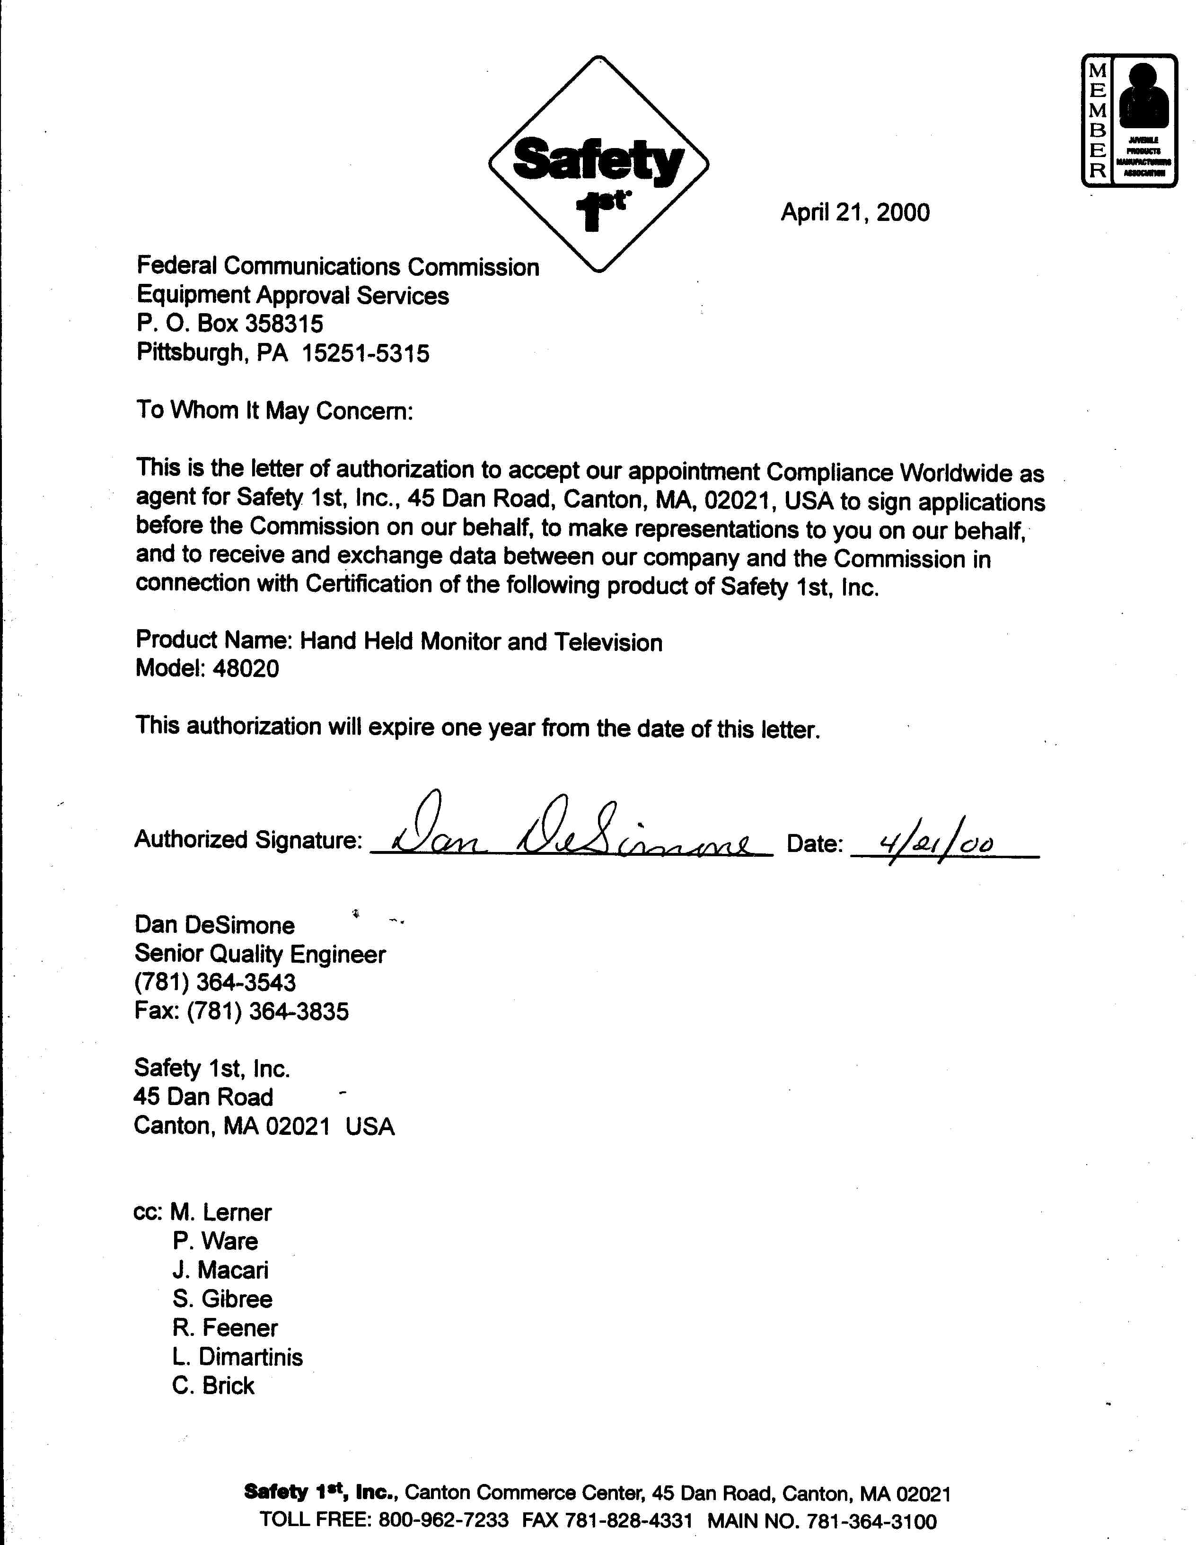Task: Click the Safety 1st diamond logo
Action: [x=598, y=164]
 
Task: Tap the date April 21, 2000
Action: [x=854, y=212]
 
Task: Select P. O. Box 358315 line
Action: [x=229, y=324]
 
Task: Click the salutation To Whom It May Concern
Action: [x=274, y=410]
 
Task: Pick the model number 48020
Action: [x=246, y=668]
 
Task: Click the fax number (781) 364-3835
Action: [x=267, y=1011]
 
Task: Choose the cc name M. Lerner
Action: [x=220, y=1212]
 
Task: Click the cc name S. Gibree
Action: [x=221, y=1299]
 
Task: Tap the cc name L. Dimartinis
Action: [x=237, y=1357]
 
